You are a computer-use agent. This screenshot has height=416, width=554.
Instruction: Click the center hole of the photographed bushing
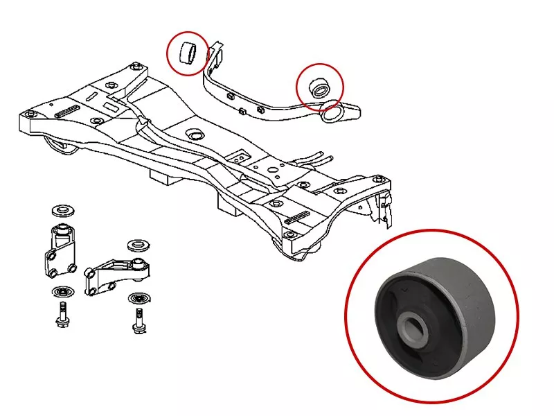413,325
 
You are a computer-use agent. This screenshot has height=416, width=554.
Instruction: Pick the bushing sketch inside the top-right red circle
321,87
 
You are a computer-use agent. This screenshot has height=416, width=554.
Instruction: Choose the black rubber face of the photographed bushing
398,309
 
